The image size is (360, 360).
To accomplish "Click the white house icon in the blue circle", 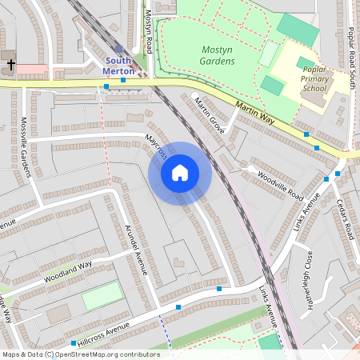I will [180, 173].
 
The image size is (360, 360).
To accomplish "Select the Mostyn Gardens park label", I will [218, 55].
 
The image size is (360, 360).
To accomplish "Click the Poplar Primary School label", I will [314, 78].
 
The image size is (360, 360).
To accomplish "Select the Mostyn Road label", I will [149, 32].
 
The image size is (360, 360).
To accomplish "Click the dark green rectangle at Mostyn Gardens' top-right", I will [297, 29].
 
